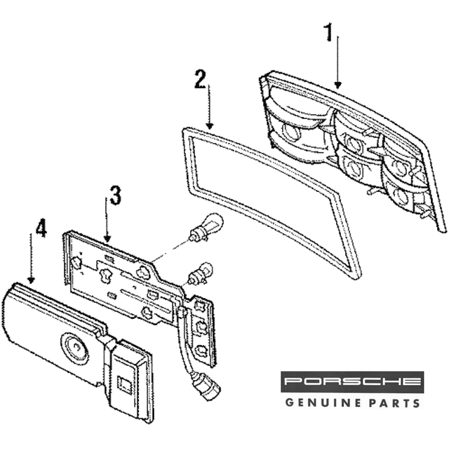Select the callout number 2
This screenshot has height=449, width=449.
coord(200,79)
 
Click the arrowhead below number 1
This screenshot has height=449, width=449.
coord(338,84)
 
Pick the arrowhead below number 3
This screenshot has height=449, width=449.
coord(107,238)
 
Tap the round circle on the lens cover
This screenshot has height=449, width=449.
coord(73,347)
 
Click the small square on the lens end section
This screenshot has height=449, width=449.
coord(123,382)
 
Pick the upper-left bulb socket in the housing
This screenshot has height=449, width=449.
coord(290,132)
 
